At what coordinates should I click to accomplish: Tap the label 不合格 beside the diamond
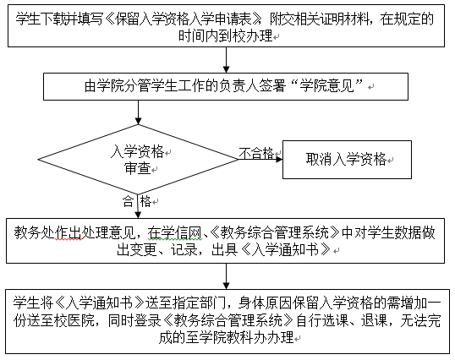point(256,153)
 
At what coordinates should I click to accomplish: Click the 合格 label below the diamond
point(137,201)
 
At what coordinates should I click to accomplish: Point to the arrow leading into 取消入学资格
point(260,159)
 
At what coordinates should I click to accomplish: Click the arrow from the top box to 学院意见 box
point(226,60)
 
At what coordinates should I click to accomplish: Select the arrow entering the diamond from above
point(138,112)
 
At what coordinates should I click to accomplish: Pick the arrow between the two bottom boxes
point(226,276)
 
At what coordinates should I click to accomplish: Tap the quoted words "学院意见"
point(331,86)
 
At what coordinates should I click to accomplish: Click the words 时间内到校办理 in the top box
point(226,36)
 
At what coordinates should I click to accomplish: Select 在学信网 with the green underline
point(174,232)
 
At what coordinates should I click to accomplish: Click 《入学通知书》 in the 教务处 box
point(286,249)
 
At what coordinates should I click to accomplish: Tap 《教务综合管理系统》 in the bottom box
point(228,320)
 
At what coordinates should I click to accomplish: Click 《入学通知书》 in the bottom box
point(99,303)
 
